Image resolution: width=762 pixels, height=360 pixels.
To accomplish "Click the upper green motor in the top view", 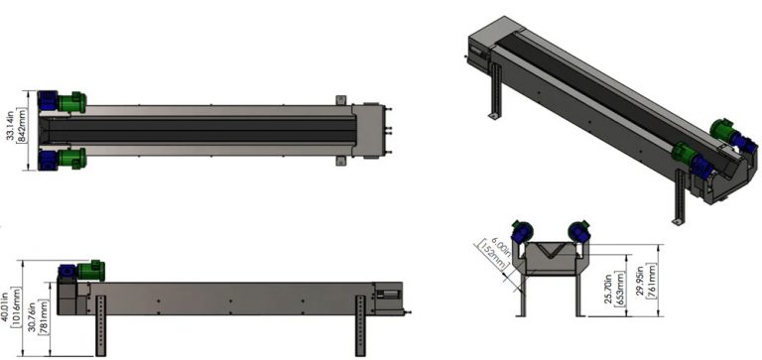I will (69, 100).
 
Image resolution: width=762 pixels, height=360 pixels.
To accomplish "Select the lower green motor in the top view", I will (69, 158).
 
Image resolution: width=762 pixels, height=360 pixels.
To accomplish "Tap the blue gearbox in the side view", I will (66, 271).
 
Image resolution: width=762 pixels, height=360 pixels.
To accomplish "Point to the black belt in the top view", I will (198, 129).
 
